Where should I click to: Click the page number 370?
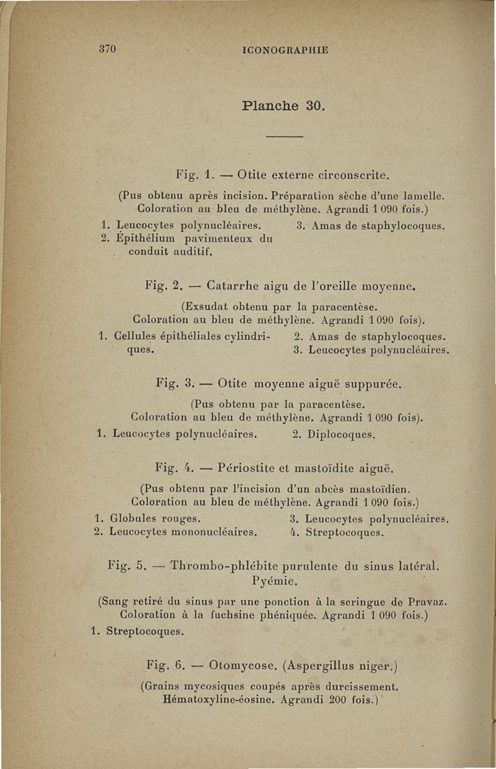pyautogui.click(x=108, y=50)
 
